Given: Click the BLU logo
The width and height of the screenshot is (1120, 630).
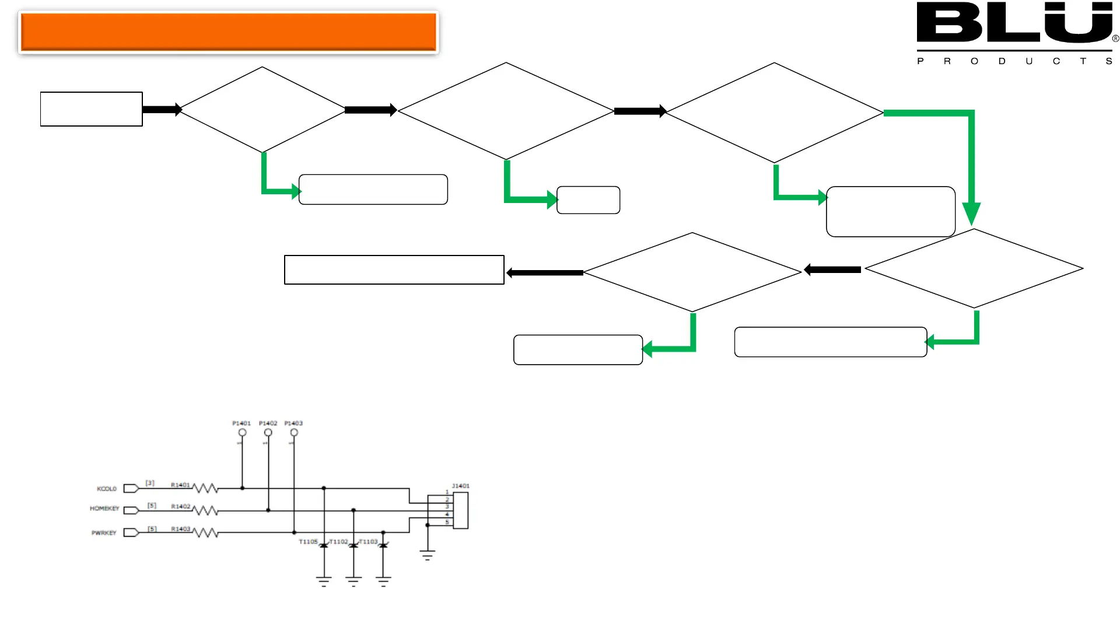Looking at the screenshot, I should pos(1015,23).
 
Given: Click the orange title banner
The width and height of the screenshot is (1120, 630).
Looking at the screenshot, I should pos(228,32).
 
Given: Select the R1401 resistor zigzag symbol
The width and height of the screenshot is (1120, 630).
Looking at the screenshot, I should pos(205,488).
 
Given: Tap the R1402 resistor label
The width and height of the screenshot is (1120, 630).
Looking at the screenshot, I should pos(180,506).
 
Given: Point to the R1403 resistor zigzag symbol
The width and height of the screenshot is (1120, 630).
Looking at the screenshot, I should pos(205,533).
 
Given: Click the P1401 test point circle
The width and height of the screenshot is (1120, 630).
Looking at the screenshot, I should pos(243,433).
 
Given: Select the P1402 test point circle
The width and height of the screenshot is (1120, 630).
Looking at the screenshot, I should pos(268,433).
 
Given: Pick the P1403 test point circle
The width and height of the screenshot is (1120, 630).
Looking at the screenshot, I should pos(294,433).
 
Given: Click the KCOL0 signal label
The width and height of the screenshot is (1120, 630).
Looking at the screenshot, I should pos(107,489).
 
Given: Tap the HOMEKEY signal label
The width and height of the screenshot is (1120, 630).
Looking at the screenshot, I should pos(104,509).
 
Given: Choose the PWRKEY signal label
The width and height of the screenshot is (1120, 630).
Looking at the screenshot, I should pos(104,533).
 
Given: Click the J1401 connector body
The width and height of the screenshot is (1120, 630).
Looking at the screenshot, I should pos(461,510).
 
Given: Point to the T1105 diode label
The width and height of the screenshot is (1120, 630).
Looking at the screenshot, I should pos(308,542).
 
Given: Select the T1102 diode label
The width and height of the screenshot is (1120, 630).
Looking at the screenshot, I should pos(339,542).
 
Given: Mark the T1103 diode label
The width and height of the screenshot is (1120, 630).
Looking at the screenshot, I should pos(369,542).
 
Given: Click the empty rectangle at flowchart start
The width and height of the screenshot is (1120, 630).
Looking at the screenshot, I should pos(92,109).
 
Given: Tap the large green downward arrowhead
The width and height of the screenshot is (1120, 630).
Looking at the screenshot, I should pos(971,213).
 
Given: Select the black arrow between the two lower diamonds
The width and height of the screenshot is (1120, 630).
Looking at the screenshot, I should pos(832,269).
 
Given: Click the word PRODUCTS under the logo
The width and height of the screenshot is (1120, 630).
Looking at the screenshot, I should pos(1014,61).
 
